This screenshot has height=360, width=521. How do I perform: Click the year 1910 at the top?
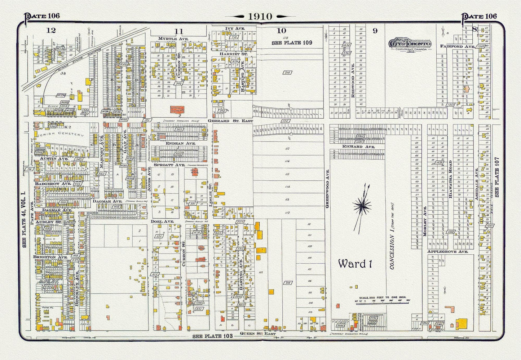click(x=257, y=17)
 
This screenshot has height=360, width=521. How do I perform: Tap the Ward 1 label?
click(x=355, y=264)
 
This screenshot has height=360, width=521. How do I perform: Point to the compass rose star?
click(x=363, y=207)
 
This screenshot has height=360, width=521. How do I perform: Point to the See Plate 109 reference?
click(x=292, y=43)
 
